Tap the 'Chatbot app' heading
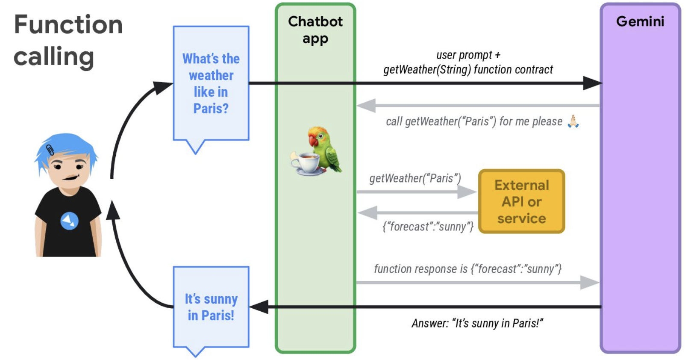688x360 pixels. (315, 30)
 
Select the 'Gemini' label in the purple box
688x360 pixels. (640, 21)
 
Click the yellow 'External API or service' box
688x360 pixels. (521, 201)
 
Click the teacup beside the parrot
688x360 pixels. (306, 162)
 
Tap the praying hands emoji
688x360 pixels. (573, 121)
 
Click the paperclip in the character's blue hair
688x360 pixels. (50, 150)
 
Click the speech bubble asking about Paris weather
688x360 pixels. (211, 83)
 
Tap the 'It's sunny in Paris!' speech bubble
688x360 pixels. (211, 307)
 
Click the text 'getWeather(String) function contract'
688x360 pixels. (468, 70)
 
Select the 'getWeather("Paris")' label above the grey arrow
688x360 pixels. (415, 178)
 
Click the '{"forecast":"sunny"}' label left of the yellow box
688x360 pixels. (428, 227)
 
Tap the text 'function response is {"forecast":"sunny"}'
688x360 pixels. (467, 269)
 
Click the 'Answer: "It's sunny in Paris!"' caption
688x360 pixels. (477, 323)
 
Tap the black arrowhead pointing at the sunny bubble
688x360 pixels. (259, 307)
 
